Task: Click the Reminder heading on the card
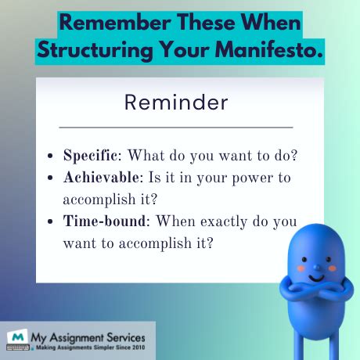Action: coord(175,102)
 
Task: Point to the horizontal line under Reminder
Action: coord(175,127)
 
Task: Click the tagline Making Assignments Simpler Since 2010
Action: coord(88,347)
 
